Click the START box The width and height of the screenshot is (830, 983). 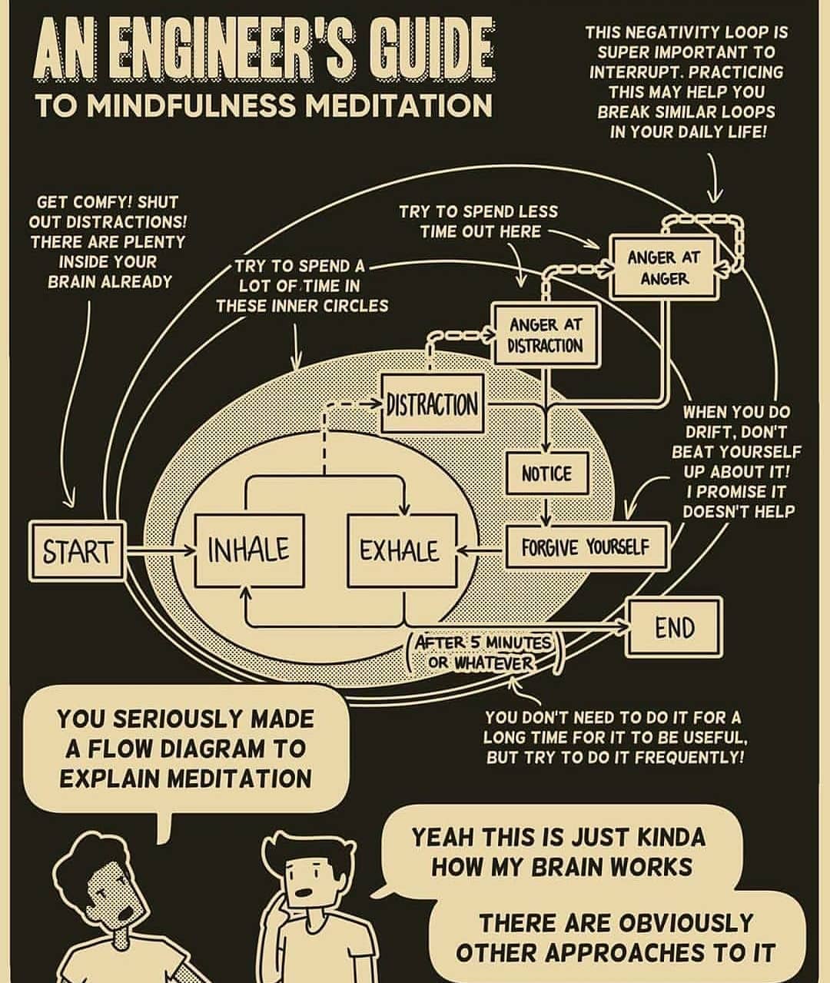(x=77, y=551)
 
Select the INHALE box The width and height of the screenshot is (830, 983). (x=249, y=550)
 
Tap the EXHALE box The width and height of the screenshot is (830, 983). (x=402, y=550)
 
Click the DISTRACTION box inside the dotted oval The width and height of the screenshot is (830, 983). (x=432, y=403)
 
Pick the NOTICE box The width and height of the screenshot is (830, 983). (x=547, y=473)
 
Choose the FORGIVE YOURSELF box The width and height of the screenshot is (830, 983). (x=586, y=547)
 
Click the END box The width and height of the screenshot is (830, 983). (x=674, y=628)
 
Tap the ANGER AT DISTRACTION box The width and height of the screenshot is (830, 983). (x=546, y=335)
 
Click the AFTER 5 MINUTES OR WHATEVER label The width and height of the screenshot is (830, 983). (x=483, y=653)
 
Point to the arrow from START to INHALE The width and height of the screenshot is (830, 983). (x=161, y=550)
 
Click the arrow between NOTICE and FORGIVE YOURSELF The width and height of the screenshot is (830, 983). (x=546, y=510)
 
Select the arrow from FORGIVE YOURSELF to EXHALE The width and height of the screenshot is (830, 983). (x=481, y=549)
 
